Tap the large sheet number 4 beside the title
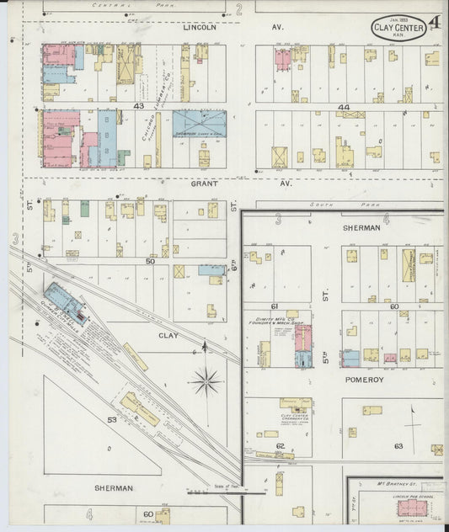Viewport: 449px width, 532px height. click(433, 23)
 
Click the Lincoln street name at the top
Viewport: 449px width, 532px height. click(200, 27)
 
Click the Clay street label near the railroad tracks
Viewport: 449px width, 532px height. click(168, 335)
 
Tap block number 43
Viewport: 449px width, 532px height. click(138, 105)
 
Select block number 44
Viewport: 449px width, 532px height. click(343, 107)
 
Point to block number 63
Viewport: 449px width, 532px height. click(398, 445)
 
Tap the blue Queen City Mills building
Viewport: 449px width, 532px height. click(65, 302)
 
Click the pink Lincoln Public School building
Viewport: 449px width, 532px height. click(412, 507)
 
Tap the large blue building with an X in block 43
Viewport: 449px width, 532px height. click(199, 123)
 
